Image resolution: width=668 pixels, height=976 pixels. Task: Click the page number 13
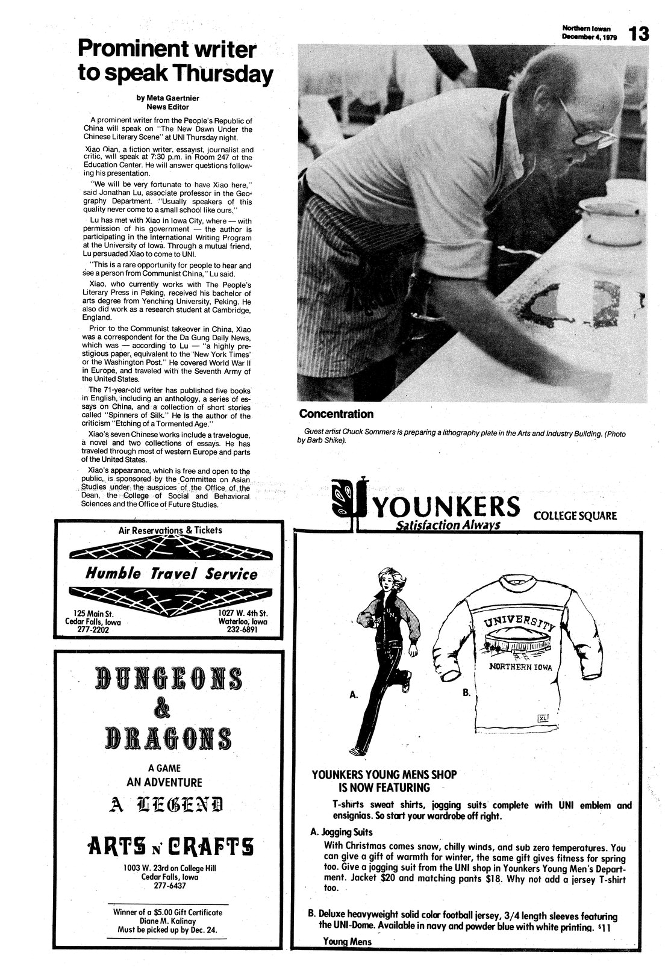pos(639,34)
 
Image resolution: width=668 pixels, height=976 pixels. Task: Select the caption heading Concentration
pos(336,414)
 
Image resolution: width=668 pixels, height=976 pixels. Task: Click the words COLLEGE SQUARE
pos(574,515)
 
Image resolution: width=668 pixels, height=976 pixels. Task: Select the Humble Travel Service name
pos(172,574)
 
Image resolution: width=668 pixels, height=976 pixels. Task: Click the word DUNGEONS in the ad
pos(169,680)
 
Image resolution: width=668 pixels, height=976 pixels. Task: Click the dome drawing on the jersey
pos(519,643)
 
